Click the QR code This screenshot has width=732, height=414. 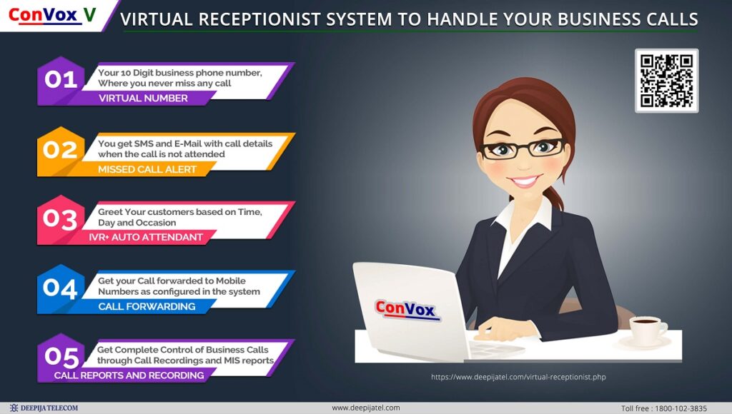pos(667,81)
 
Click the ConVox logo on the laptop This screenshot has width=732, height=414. pos(407,310)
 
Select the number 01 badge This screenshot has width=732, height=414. pos(61,80)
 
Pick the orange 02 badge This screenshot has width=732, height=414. pos(61,151)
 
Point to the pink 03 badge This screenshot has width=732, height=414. pos(61,220)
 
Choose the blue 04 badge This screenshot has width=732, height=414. pos(61,288)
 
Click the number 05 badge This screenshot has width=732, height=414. pos(61,358)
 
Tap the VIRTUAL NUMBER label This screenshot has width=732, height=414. pos(143,99)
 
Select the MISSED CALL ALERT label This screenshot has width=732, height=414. pos(147,169)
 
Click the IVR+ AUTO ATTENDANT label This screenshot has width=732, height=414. pos(146,237)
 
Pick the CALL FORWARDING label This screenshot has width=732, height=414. pos(147,306)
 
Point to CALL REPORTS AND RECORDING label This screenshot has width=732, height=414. pos(129,375)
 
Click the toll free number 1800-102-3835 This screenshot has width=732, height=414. pos(681,408)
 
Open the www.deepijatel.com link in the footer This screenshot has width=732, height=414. pos(365,408)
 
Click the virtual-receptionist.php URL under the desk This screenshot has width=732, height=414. pos(518,377)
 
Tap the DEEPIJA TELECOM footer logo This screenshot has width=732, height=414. pos(44,408)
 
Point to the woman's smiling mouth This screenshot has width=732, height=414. pos(525,181)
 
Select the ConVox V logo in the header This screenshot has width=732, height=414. pos(52,16)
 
